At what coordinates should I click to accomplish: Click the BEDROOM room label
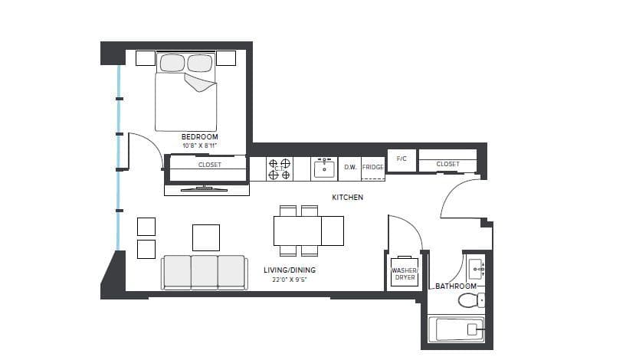(x=199, y=136)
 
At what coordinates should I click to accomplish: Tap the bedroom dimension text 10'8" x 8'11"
(x=199, y=145)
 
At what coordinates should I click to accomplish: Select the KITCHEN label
(x=347, y=198)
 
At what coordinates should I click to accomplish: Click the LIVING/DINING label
(x=290, y=270)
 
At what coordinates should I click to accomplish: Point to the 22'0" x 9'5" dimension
(x=290, y=280)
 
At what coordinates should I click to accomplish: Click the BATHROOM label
(x=456, y=286)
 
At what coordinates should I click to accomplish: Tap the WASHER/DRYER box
(x=404, y=274)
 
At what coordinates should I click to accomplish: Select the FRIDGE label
(x=372, y=167)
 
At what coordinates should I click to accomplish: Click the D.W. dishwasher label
(x=350, y=167)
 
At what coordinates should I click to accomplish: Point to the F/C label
(x=401, y=159)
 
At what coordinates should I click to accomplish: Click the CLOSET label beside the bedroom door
(x=209, y=165)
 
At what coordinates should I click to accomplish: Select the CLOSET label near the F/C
(x=447, y=164)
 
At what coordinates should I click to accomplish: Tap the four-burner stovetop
(x=279, y=169)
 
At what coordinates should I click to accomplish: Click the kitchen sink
(x=324, y=169)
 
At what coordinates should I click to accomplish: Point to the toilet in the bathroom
(x=470, y=300)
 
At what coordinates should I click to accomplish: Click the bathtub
(x=455, y=331)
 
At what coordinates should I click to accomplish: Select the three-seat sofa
(x=204, y=272)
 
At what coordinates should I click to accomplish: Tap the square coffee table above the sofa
(x=206, y=237)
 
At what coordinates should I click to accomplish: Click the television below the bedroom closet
(x=205, y=188)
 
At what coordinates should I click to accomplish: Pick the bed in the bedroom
(x=186, y=92)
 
